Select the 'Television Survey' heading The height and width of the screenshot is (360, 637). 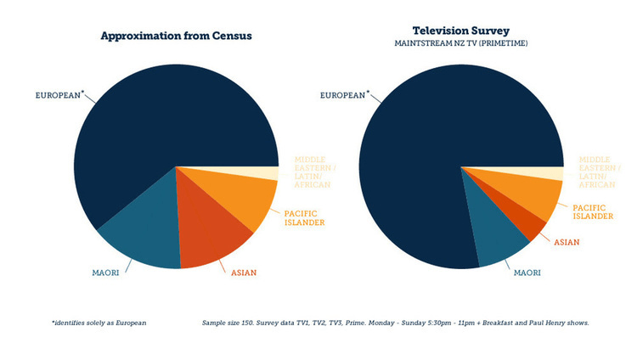(x=460, y=30)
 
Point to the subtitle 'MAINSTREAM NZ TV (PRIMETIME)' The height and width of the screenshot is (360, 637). (x=460, y=43)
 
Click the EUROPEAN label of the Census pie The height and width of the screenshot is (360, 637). (x=59, y=95)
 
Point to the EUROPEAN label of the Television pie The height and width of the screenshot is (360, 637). (x=344, y=95)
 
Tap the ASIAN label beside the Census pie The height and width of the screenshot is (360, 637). (x=243, y=273)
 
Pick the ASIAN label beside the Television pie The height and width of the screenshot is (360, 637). (x=567, y=243)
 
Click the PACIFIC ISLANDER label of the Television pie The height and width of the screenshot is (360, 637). (x=592, y=211)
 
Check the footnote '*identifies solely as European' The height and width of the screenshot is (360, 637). (x=99, y=323)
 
